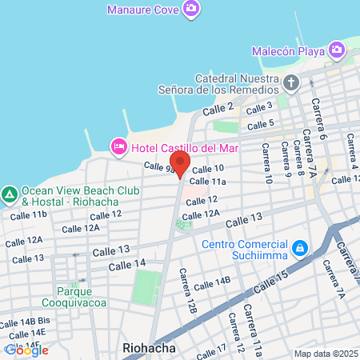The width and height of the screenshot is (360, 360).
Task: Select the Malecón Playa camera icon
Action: (x=337, y=51)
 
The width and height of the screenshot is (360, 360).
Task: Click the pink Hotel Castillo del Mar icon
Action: (x=118, y=146)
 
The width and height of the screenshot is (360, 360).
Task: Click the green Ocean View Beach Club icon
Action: (x=10, y=194)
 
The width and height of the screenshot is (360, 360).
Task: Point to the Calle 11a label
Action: (x=208, y=182)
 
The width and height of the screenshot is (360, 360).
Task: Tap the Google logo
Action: (x=26, y=350)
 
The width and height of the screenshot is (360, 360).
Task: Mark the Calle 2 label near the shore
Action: (x=218, y=109)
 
